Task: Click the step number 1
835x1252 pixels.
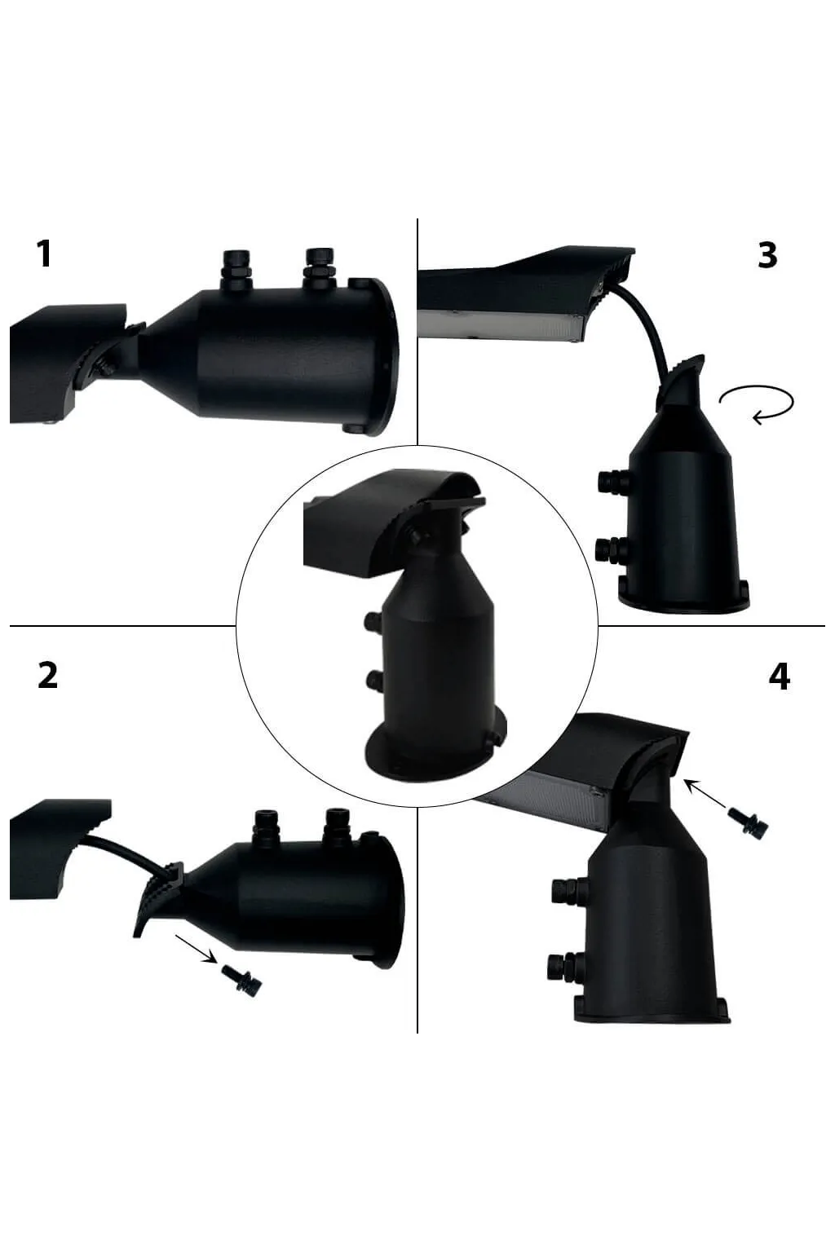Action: point(44,253)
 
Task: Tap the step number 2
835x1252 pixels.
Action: point(48,675)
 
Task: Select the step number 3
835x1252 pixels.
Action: point(767,255)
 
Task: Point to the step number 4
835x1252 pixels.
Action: point(779,677)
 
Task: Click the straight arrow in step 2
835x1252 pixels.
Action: point(196,948)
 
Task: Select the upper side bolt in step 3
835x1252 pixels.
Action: point(611,481)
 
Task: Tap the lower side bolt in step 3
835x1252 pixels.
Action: point(611,548)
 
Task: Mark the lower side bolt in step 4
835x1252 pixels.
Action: point(564,968)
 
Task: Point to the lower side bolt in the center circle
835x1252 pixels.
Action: point(375,679)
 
